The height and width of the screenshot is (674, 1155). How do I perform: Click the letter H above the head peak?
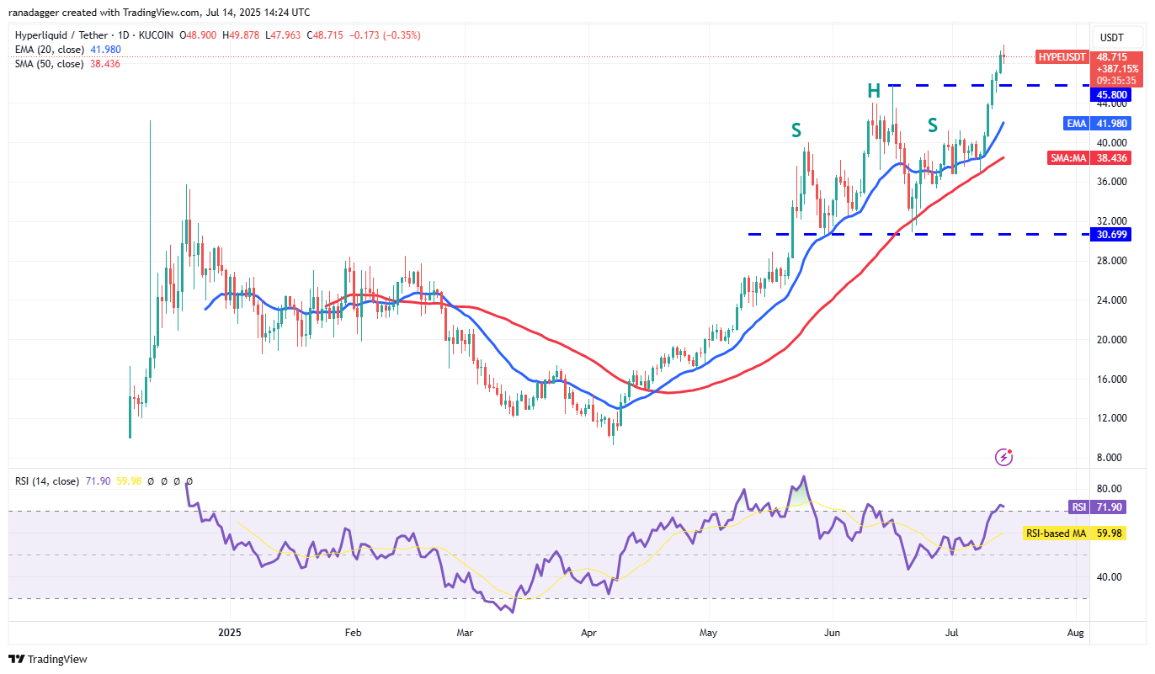[x=875, y=91]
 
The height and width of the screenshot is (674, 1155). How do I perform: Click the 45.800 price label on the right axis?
[x=1111, y=95]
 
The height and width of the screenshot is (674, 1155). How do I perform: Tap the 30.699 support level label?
[x=1111, y=235]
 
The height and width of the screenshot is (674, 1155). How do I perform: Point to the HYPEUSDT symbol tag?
[x=1062, y=56]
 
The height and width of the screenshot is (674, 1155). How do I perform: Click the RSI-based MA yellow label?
[x=1056, y=533]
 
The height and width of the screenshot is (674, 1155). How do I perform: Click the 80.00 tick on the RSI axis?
[x=1109, y=488]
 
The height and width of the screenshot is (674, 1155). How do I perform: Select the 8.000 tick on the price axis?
[x=1109, y=458]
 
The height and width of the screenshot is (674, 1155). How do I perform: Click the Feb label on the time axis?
[x=353, y=631]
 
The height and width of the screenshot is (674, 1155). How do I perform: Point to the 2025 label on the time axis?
[x=229, y=631]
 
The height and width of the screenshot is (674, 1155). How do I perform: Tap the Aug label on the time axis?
[x=1074, y=631]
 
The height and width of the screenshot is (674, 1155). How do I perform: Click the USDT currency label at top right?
[x=1112, y=37]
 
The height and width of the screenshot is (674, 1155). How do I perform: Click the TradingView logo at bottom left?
[x=48, y=659]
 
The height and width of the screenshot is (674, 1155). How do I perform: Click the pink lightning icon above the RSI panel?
[x=1003, y=457]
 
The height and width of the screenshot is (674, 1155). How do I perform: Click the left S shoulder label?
[x=796, y=130]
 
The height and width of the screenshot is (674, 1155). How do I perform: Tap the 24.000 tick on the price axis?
[x=1109, y=300]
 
